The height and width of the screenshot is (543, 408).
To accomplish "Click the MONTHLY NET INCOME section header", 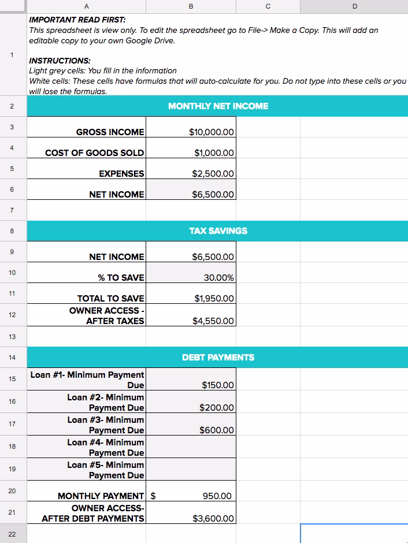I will [218, 106].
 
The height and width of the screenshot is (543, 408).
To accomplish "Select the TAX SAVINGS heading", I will [218, 231].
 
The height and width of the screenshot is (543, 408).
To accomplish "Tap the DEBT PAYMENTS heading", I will [218, 358].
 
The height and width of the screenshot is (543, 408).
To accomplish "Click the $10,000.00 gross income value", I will [212, 132].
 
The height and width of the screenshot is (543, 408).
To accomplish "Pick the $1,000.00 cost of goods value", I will [214, 153].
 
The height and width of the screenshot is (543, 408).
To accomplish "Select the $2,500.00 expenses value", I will [213, 174].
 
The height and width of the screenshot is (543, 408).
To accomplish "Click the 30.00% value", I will [219, 278].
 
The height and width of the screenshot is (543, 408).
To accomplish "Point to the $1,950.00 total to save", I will [214, 299].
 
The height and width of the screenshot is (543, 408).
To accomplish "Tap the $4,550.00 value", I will [213, 321].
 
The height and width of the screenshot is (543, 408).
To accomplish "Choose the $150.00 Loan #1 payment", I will [218, 385].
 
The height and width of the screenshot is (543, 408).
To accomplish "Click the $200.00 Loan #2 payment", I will [217, 408].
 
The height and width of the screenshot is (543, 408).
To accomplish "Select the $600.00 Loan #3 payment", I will [217, 430].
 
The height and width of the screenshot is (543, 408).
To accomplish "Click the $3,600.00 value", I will [213, 519].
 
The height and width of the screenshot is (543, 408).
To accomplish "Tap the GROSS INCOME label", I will [110, 132].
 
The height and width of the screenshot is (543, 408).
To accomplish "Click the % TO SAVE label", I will [121, 278].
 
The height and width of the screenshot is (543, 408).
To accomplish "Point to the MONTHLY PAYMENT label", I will [101, 496].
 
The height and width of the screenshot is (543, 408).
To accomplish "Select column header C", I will [268, 6].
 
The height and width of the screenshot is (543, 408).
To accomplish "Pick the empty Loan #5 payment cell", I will [191, 470].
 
